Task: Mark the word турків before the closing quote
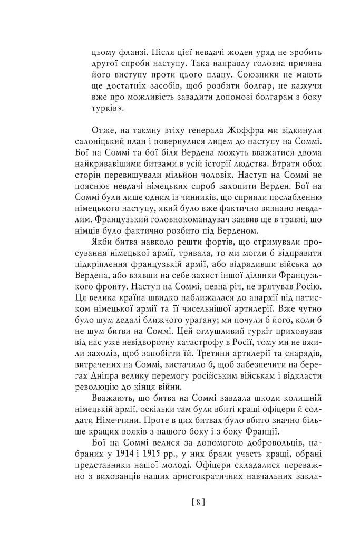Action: click(104, 109)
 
